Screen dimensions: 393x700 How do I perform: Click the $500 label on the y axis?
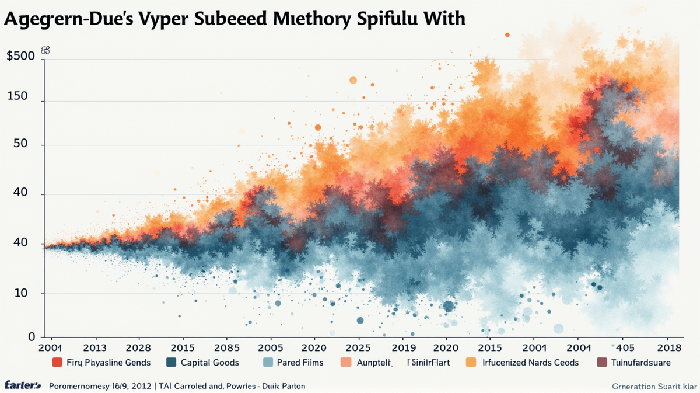coord(20,57)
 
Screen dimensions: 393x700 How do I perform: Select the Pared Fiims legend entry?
coord(300,363)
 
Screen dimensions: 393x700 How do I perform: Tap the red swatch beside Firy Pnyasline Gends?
coord(57,363)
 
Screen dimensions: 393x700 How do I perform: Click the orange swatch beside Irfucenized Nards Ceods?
coord(470,363)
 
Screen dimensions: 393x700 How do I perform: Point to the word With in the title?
coord(442,18)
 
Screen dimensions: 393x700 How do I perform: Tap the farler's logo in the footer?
coord(22,385)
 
